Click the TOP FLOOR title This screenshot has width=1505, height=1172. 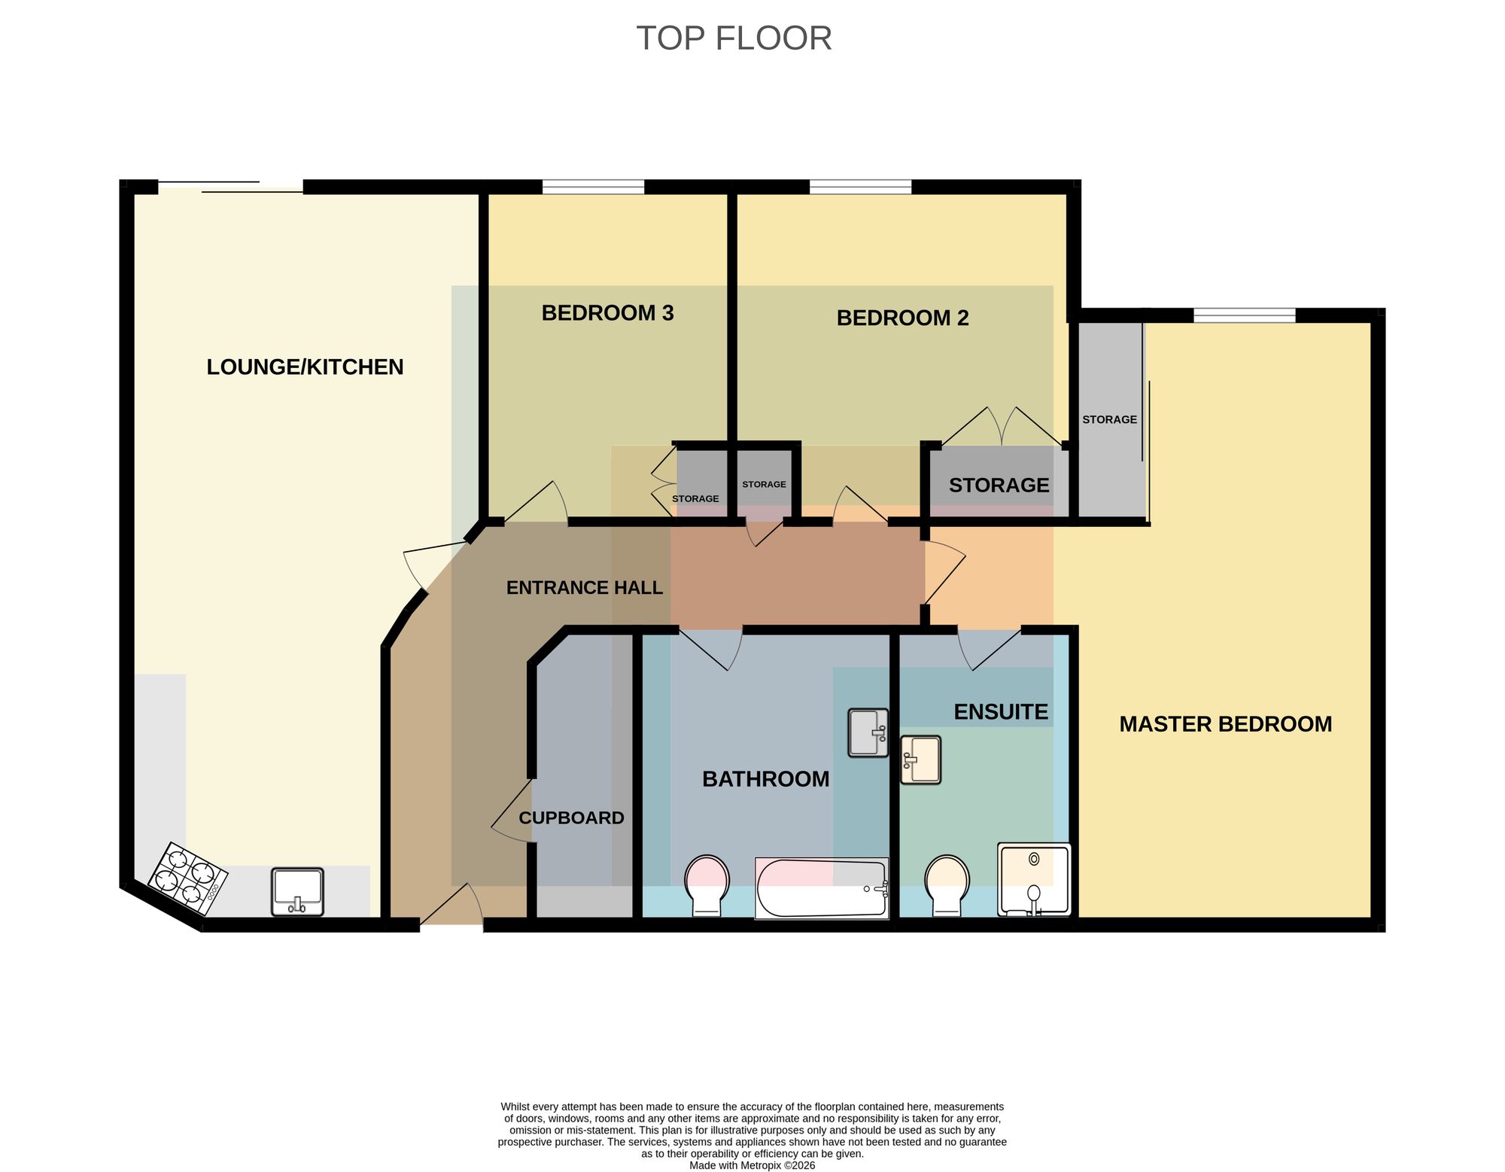(734, 38)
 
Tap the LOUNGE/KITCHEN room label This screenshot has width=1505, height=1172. (305, 367)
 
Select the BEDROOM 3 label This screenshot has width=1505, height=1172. (607, 312)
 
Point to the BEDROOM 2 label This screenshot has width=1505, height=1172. (902, 318)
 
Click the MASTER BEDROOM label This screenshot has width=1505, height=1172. (1225, 724)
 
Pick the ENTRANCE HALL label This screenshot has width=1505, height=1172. (584, 588)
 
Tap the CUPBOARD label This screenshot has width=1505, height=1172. (571, 817)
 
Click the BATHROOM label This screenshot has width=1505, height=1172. (765, 779)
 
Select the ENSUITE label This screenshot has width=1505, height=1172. (1001, 712)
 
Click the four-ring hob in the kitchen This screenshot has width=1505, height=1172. (187, 878)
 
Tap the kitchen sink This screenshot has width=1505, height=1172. (297, 892)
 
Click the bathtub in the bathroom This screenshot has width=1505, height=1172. (822, 888)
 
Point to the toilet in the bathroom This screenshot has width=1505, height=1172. (707, 886)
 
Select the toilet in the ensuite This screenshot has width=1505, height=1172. (947, 886)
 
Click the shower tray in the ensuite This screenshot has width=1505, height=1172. (1034, 880)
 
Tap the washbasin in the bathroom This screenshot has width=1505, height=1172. (868, 732)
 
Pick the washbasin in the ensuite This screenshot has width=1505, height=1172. (920, 760)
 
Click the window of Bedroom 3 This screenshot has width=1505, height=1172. (593, 187)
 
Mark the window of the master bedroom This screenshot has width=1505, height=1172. (1245, 315)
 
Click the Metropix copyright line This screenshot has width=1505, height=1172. (752, 1165)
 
